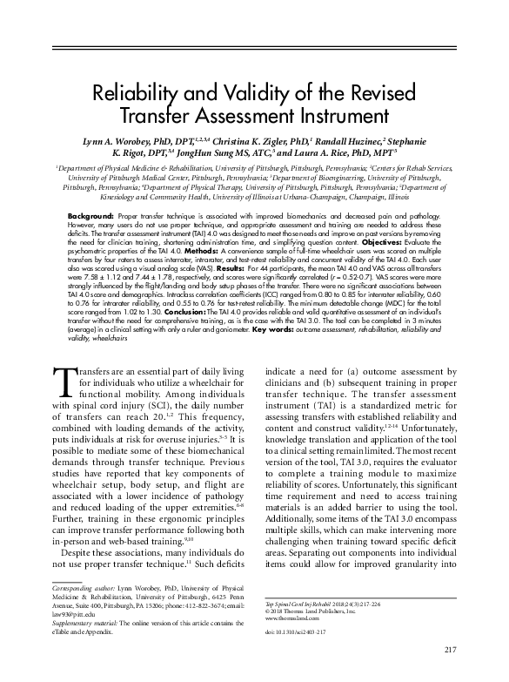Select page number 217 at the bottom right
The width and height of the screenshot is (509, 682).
(449, 649)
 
